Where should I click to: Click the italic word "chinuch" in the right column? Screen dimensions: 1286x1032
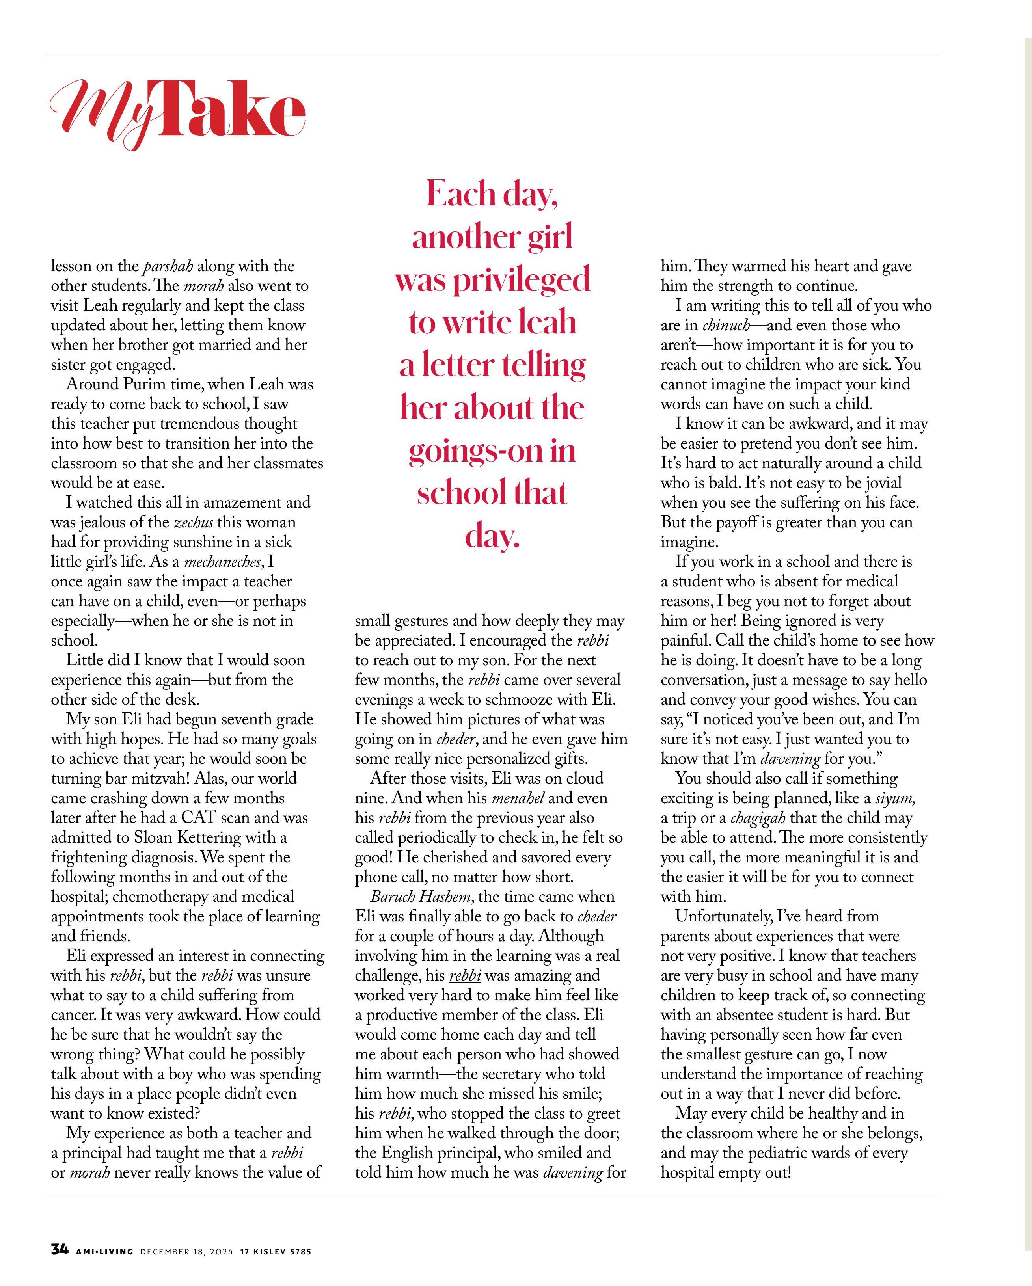[726, 326]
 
